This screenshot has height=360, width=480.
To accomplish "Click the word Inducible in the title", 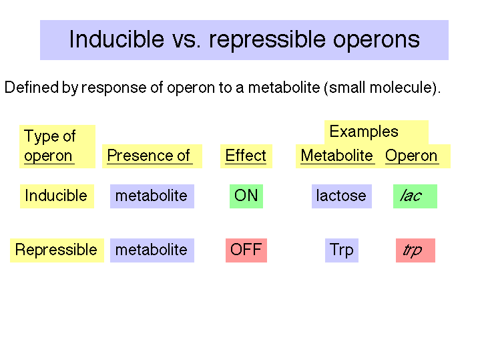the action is [117, 39].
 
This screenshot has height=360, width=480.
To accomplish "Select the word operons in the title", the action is [377, 41].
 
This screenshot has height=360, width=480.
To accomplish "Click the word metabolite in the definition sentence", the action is [284, 87].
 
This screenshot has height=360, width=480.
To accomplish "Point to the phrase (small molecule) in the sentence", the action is [381, 87].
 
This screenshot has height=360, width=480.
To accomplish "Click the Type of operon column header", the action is [57, 146].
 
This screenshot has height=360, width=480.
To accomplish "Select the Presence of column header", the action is [152, 156].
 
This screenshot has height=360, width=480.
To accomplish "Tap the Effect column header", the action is [246, 156].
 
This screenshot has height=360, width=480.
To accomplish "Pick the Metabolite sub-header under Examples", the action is [336, 156].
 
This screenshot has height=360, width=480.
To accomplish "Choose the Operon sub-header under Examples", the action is [411, 156].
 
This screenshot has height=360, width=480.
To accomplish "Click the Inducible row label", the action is [57, 196].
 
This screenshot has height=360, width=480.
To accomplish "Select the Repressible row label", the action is [57, 250].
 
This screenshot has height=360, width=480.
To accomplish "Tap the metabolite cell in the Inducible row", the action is [152, 196].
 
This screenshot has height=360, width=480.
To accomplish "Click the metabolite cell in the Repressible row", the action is [152, 250].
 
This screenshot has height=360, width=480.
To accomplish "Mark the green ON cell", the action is [246, 196].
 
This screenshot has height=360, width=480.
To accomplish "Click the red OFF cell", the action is [246, 250].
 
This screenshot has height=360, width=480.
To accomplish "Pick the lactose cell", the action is [342, 196].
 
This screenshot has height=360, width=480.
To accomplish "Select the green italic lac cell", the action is [415, 196].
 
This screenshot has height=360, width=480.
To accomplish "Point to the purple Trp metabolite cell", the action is [342, 250].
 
